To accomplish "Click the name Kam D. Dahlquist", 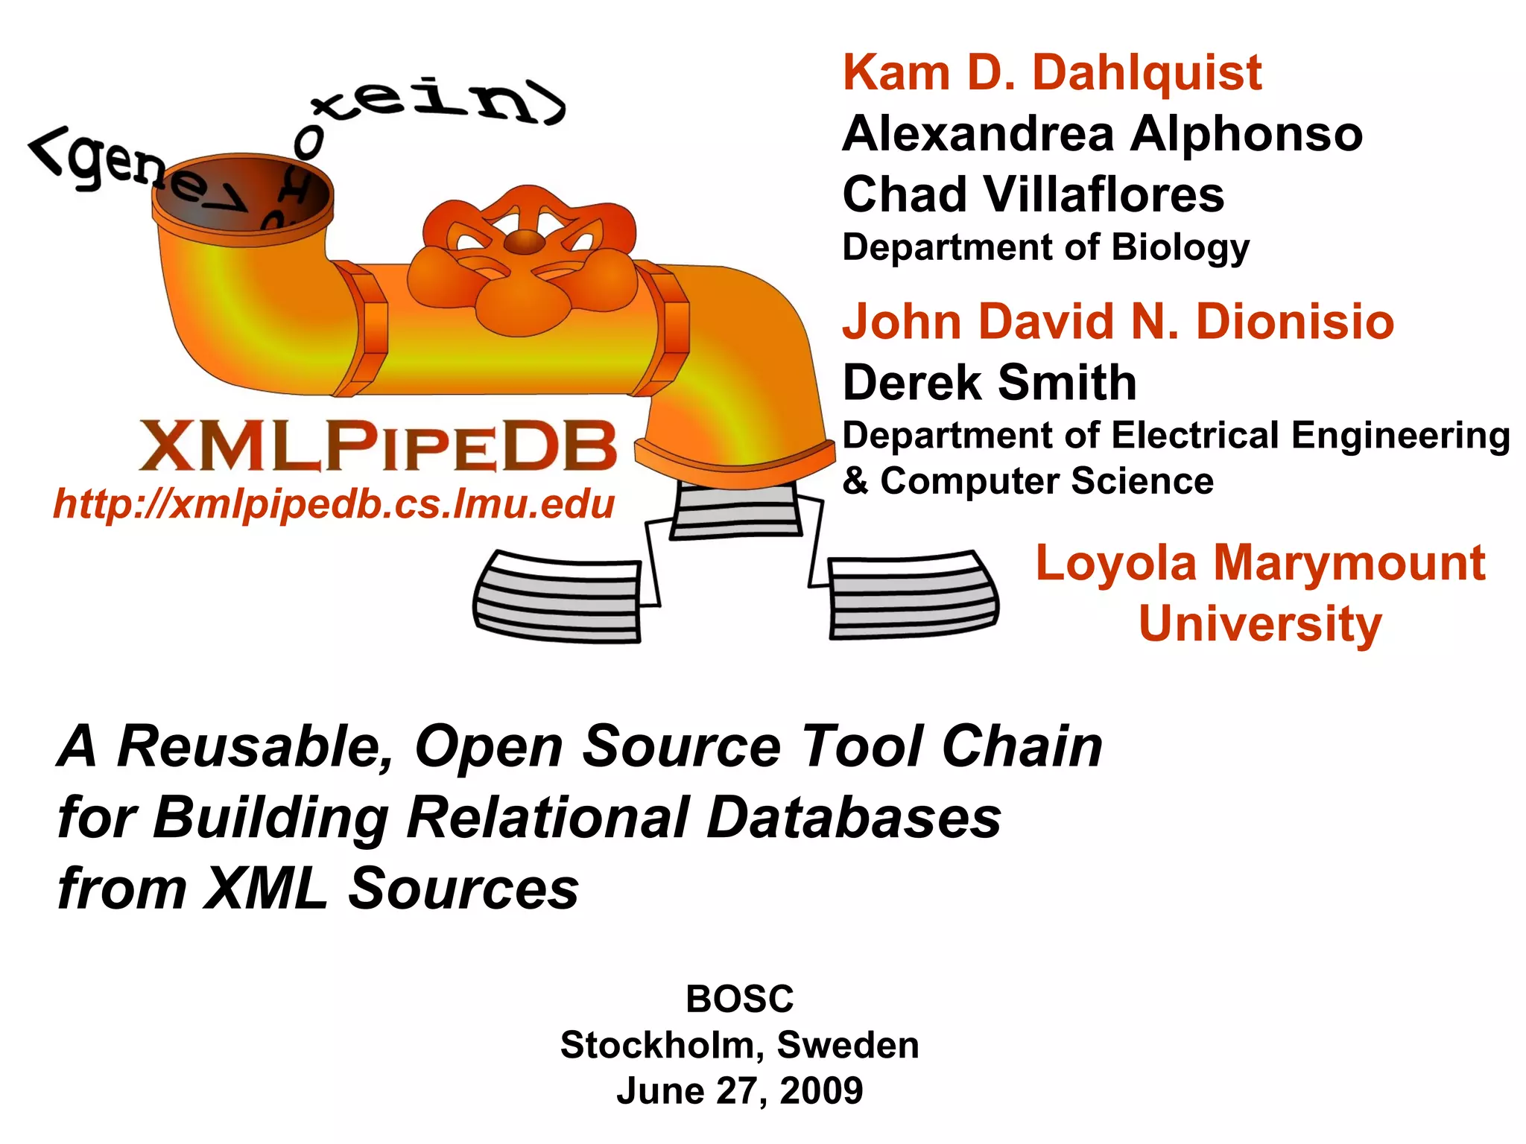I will (x=1051, y=73).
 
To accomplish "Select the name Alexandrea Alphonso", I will (x=1102, y=134).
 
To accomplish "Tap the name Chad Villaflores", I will (x=1033, y=194).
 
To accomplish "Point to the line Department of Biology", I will (x=1045, y=247).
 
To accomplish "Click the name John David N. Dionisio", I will (x=1118, y=322).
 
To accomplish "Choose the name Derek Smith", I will (x=989, y=383).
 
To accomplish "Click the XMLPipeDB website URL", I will (x=334, y=504).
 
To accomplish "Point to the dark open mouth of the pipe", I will (x=242, y=195).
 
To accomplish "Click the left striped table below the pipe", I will (x=557, y=597).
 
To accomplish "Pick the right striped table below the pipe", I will (x=913, y=595).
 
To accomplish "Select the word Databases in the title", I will (x=854, y=818).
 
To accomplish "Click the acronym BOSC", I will (x=739, y=999).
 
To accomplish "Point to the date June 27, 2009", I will (x=739, y=1091).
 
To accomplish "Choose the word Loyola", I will (x=1115, y=563).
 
